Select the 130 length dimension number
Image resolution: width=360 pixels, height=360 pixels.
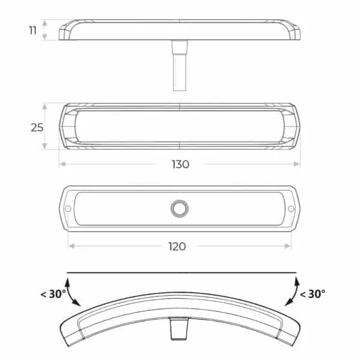(180, 164)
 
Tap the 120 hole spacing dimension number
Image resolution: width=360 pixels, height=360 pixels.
(177, 245)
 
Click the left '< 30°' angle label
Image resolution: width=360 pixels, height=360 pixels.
(52, 294)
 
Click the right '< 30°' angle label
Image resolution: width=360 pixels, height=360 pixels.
(312, 294)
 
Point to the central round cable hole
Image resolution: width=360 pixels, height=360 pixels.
(179, 208)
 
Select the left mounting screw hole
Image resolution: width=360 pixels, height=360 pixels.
(68, 208)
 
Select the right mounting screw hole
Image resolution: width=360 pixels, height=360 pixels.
(291, 208)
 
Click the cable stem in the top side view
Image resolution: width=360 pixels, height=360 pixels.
(179, 66)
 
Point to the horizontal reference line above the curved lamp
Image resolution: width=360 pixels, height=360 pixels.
(180, 273)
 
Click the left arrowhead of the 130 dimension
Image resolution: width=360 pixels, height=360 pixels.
(61, 164)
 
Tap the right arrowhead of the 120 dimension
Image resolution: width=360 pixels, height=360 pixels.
(289, 245)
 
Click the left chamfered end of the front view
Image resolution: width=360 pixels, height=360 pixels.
(65, 127)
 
